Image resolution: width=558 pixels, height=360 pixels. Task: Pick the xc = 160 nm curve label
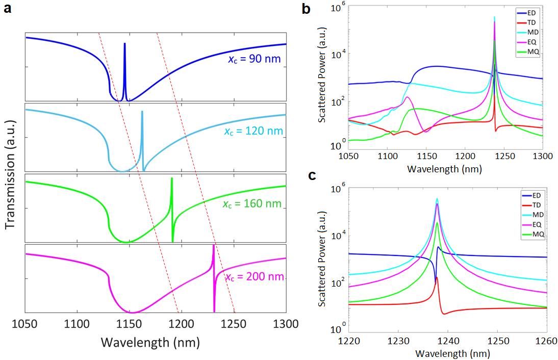point(252,204)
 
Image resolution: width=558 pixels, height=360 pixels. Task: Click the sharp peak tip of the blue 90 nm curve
point(124,44)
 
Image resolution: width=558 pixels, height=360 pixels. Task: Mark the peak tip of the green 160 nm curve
point(172,178)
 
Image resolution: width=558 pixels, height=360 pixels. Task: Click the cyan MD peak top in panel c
point(437,199)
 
